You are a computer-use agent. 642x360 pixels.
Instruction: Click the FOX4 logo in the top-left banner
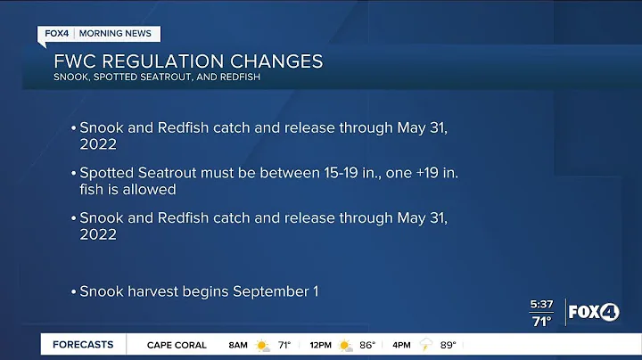pyautogui.click(x=57, y=34)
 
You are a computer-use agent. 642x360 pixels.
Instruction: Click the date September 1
pyautogui.click(x=276, y=291)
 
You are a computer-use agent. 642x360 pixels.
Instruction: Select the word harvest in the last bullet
pyautogui.click(x=148, y=291)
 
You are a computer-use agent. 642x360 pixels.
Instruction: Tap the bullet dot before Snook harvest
pyautogui.click(x=73, y=291)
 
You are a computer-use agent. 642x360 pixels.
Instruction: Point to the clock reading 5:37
pyautogui.click(x=541, y=306)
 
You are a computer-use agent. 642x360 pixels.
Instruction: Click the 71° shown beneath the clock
pyautogui.click(x=541, y=322)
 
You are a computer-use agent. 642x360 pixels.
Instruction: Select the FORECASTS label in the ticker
pyautogui.click(x=83, y=345)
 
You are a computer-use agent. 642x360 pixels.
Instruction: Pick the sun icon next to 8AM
pyautogui.click(x=263, y=345)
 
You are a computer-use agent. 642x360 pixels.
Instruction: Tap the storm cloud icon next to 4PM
pyautogui.click(x=427, y=345)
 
